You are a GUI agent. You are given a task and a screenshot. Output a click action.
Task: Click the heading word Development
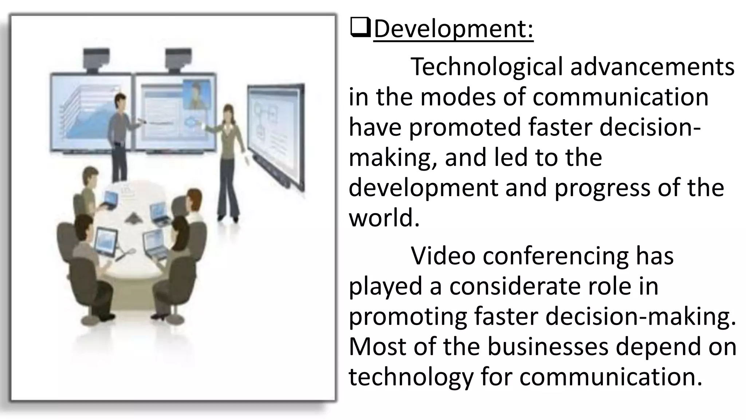453,29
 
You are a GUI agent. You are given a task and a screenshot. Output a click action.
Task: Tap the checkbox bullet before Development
360,29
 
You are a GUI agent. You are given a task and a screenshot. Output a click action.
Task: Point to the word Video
443,256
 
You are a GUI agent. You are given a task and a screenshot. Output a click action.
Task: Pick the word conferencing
555,256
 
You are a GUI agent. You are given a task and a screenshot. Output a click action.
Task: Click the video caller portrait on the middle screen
197,94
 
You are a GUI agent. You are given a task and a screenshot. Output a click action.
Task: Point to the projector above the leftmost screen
96,58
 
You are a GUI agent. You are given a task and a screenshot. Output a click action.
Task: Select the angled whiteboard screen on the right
276,135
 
